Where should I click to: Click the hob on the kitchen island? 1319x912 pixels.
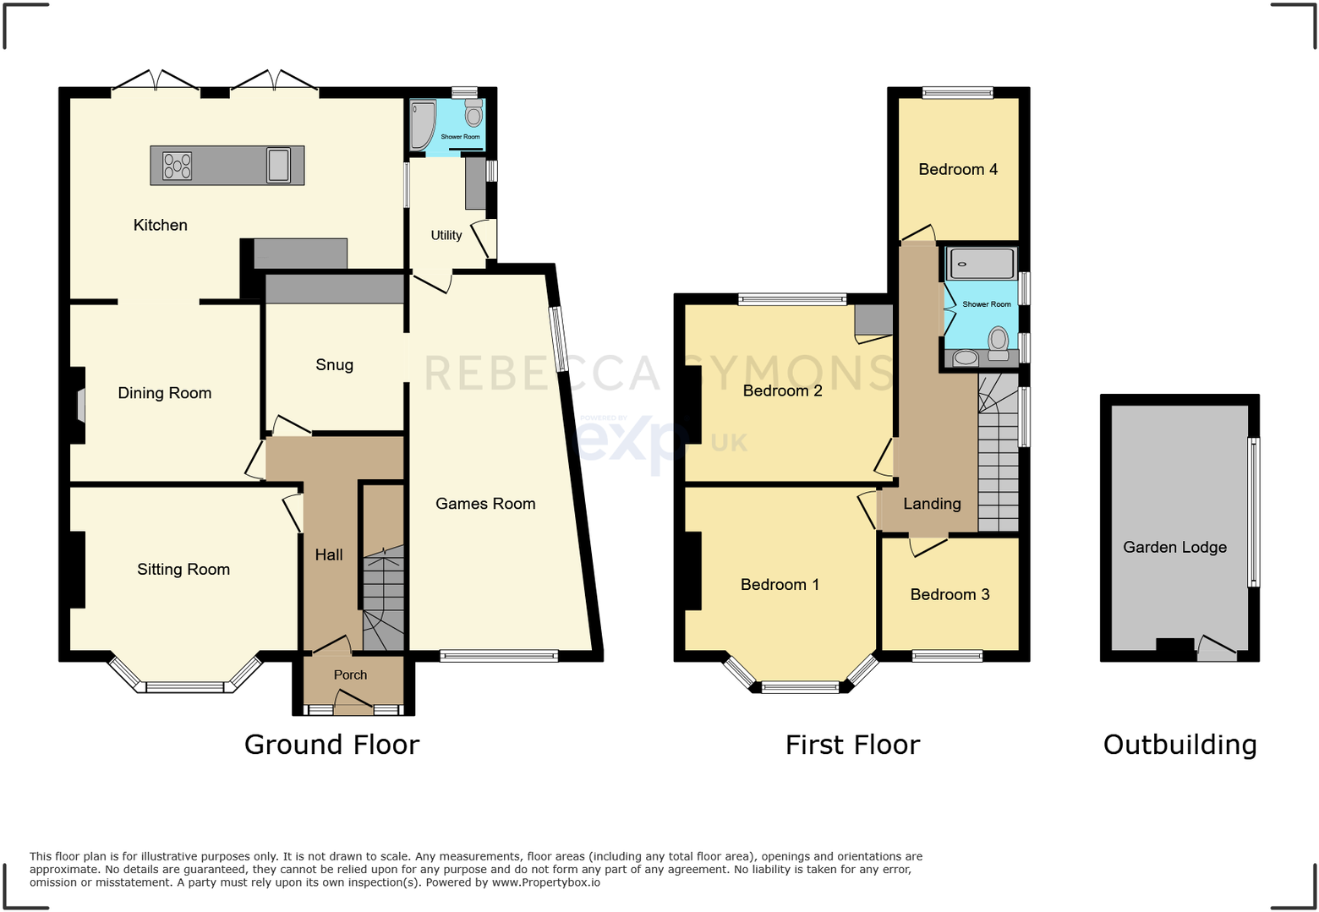coord(177,166)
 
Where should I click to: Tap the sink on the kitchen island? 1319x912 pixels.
coord(278,165)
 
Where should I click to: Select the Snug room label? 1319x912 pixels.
coord(334,365)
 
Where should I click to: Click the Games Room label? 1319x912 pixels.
coord(485,505)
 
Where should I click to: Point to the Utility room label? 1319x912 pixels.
coord(446,236)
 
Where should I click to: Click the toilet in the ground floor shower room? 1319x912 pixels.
coord(473,113)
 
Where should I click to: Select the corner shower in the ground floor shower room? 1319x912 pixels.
coord(421,124)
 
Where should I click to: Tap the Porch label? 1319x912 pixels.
coord(350,675)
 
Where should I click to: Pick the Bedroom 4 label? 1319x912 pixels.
coord(958,170)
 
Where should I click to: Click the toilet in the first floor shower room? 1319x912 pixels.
coord(999,342)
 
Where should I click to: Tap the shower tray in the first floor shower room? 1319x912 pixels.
coord(981,264)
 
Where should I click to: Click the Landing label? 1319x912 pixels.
coord(932,505)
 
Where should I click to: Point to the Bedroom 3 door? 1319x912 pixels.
coord(928,547)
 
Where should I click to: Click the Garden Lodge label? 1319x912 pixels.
coord(1174,548)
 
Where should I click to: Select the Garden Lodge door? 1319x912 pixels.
coord(1216,648)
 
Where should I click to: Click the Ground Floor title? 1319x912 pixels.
coord(331,745)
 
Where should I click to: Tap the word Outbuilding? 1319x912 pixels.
coord(1179,745)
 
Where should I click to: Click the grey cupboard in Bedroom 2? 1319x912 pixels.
coord(873,320)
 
